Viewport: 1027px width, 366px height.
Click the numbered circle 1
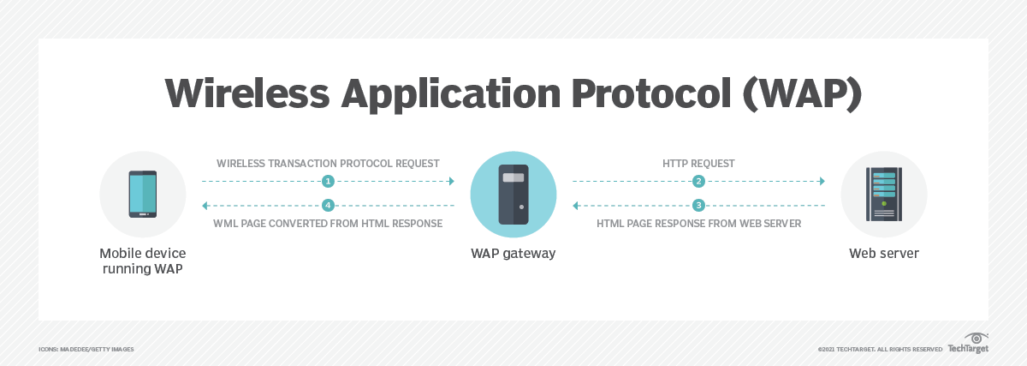tap(328, 182)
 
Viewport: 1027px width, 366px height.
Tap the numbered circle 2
tap(699, 182)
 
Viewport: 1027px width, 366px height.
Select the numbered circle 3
tap(699, 206)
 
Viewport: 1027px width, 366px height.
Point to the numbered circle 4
tap(328, 206)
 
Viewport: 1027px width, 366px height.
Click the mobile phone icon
tap(143, 194)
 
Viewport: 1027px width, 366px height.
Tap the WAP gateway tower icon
tap(513, 194)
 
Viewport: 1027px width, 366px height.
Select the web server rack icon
tap(883, 194)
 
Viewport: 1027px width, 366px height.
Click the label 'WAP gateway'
tap(513, 254)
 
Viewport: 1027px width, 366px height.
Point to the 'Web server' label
tap(883, 254)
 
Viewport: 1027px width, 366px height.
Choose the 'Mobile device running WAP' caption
tap(143, 261)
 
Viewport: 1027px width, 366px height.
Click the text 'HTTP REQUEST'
tap(698, 163)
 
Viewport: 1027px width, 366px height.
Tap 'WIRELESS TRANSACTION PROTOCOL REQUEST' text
tap(328, 163)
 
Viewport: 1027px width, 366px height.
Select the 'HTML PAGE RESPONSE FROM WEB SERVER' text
tap(698, 224)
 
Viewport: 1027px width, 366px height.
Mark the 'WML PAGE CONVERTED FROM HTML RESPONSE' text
tap(328, 224)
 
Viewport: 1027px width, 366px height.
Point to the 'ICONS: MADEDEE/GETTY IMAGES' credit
tap(86, 350)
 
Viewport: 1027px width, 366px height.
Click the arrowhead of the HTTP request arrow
tap(822, 182)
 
